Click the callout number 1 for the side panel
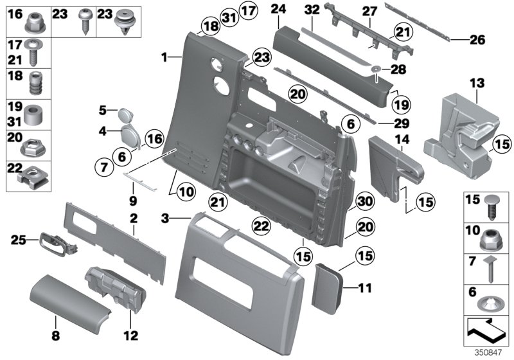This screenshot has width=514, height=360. (164, 57)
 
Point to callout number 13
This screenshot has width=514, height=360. (476, 84)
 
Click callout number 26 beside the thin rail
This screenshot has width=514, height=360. (476, 40)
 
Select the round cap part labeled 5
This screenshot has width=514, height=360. (125, 116)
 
